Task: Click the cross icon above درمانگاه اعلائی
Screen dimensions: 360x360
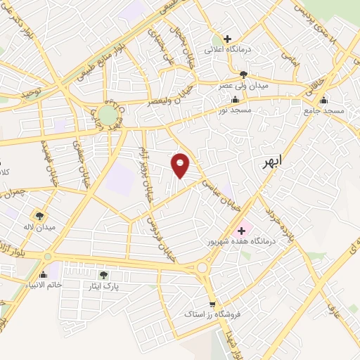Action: click(227, 39)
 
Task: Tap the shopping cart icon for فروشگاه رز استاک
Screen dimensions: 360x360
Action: click(212, 304)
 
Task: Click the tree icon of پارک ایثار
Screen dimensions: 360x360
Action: click(104, 275)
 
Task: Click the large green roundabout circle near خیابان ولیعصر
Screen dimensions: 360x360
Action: click(108, 115)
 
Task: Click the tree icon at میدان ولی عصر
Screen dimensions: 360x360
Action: click(243, 74)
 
